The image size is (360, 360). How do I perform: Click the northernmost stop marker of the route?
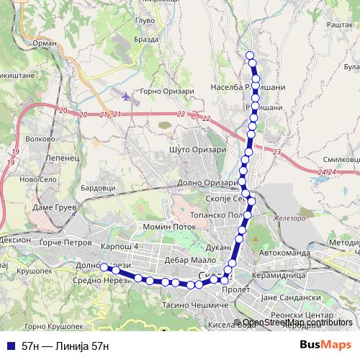tap(250, 55)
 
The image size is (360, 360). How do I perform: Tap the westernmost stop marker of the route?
tap(104, 267)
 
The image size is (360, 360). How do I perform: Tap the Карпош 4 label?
tap(119, 247)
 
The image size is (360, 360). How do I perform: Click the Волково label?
tap(40, 138)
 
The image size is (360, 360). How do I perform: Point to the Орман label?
tap(45, 43)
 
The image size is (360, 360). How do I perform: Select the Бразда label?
tap(146, 40)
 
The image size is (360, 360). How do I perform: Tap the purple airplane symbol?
tap(128, 96)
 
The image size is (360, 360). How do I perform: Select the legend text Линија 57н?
tap(66, 346)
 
